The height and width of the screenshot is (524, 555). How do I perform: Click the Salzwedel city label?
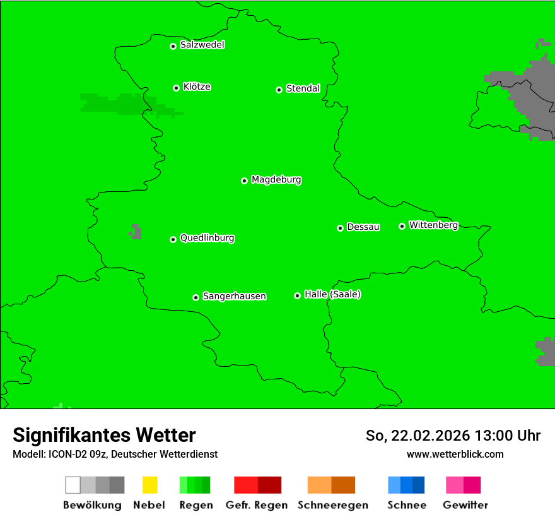point(202,45)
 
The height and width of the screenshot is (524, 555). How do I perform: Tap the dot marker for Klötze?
point(176,88)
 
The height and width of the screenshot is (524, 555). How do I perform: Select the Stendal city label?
point(303,88)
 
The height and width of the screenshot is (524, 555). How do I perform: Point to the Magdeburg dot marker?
point(244,181)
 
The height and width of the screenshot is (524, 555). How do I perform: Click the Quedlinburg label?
point(207,238)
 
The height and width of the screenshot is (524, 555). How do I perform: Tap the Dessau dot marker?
point(340,228)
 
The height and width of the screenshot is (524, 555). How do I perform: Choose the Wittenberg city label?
point(433,225)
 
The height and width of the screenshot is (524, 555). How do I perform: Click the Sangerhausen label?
point(234,296)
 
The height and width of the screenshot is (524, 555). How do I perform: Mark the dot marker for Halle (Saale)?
point(297,295)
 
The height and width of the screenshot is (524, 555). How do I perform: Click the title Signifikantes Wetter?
point(104,435)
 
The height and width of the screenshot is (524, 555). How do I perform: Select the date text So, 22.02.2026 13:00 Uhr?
point(453,436)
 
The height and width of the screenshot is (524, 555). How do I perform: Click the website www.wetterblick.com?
point(455,454)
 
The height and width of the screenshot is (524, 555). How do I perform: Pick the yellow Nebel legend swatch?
point(149,485)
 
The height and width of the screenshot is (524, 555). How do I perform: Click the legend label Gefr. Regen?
point(257,505)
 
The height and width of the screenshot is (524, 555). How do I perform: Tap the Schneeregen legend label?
point(332,505)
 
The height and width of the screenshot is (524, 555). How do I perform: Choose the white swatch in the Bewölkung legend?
point(73,485)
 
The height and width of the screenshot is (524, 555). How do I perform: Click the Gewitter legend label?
point(465,505)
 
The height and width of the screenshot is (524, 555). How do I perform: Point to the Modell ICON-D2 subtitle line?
point(115,454)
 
